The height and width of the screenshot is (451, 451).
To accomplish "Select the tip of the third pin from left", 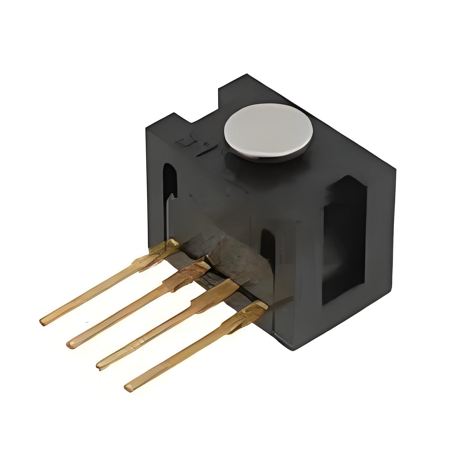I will pyautogui.click(x=100, y=364).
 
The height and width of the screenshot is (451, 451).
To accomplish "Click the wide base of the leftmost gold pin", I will pyautogui.click(x=165, y=248).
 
